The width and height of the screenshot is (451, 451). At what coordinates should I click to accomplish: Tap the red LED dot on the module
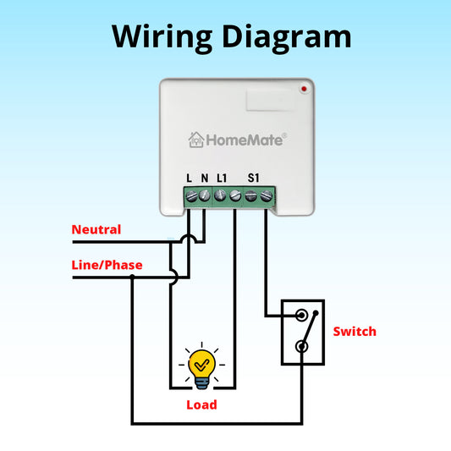[x=303, y=88]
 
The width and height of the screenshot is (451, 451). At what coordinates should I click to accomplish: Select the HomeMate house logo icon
[x=195, y=140]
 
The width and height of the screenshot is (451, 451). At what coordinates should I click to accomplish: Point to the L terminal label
[x=190, y=179]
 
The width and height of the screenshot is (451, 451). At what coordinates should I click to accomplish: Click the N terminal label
[x=205, y=179]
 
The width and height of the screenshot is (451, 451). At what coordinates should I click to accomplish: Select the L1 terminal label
[x=222, y=179]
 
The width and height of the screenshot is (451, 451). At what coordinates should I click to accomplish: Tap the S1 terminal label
[x=253, y=179]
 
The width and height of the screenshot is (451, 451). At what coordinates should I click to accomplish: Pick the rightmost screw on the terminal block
[x=267, y=196]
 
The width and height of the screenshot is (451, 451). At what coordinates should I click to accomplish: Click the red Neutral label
[x=96, y=229]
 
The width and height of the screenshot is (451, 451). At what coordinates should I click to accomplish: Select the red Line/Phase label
[x=107, y=265]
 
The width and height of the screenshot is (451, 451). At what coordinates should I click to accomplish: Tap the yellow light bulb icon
[x=201, y=367]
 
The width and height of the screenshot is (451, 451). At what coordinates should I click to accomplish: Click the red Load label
[x=201, y=404]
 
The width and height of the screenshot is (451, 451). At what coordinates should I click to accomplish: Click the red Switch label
[x=355, y=331]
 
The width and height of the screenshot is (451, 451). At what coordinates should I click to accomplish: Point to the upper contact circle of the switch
[x=301, y=316]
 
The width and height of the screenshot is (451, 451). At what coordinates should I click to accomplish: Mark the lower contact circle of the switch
[x=301, y=347]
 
